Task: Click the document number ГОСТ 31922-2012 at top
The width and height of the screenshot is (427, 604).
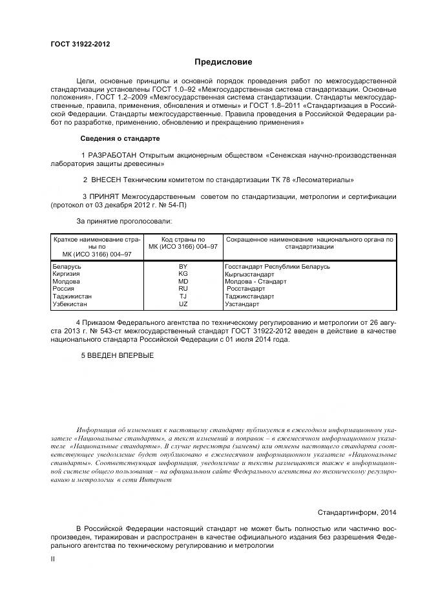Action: click(x=80, y=44)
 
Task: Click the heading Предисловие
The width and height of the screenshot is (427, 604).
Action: click(x=223, y=62)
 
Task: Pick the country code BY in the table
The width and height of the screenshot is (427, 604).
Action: click(x=183, y=267)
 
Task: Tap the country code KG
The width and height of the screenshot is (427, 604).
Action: click(x=183, y=274)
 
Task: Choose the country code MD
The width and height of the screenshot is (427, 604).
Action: click(x=183, y=282)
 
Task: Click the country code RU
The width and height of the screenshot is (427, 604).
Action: click(x=183, y=289)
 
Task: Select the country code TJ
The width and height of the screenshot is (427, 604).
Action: click(x=183, y=297)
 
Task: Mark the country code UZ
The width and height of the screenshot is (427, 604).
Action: click(x=183, y=304)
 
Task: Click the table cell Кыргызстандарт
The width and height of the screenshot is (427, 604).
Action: click(x=253, y=274)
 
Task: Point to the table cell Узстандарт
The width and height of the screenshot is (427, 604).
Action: click(x=242, y=304)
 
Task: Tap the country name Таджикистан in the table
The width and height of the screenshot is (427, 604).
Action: click(x=72, y=297)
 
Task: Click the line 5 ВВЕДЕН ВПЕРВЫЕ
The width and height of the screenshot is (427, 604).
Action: click(x=118, y=355)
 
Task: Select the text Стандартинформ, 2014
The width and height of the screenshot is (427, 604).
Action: click(x=357, y=512)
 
